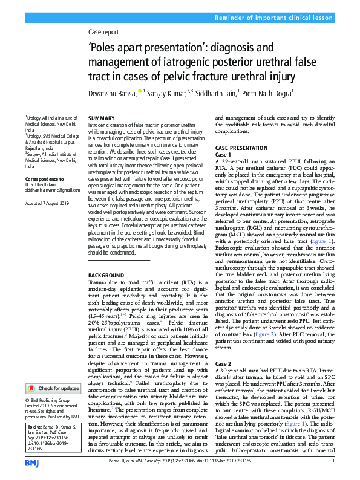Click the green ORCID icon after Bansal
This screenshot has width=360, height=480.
point(140,92)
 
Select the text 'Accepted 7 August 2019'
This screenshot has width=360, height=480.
point(49,204)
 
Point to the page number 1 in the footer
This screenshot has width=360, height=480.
point(333,462)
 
